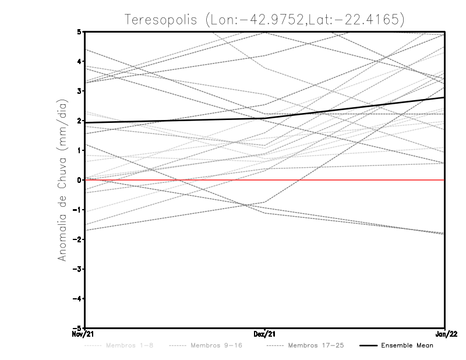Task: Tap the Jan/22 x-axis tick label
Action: pyautogui.click(x=445, y=334)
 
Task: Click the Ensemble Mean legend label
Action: pyautogui.click(x=407, y=345)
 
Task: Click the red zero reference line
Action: pyautogui.click(x=349, y=180)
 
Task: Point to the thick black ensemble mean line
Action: pyautogui.click(x=175, y=121)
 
